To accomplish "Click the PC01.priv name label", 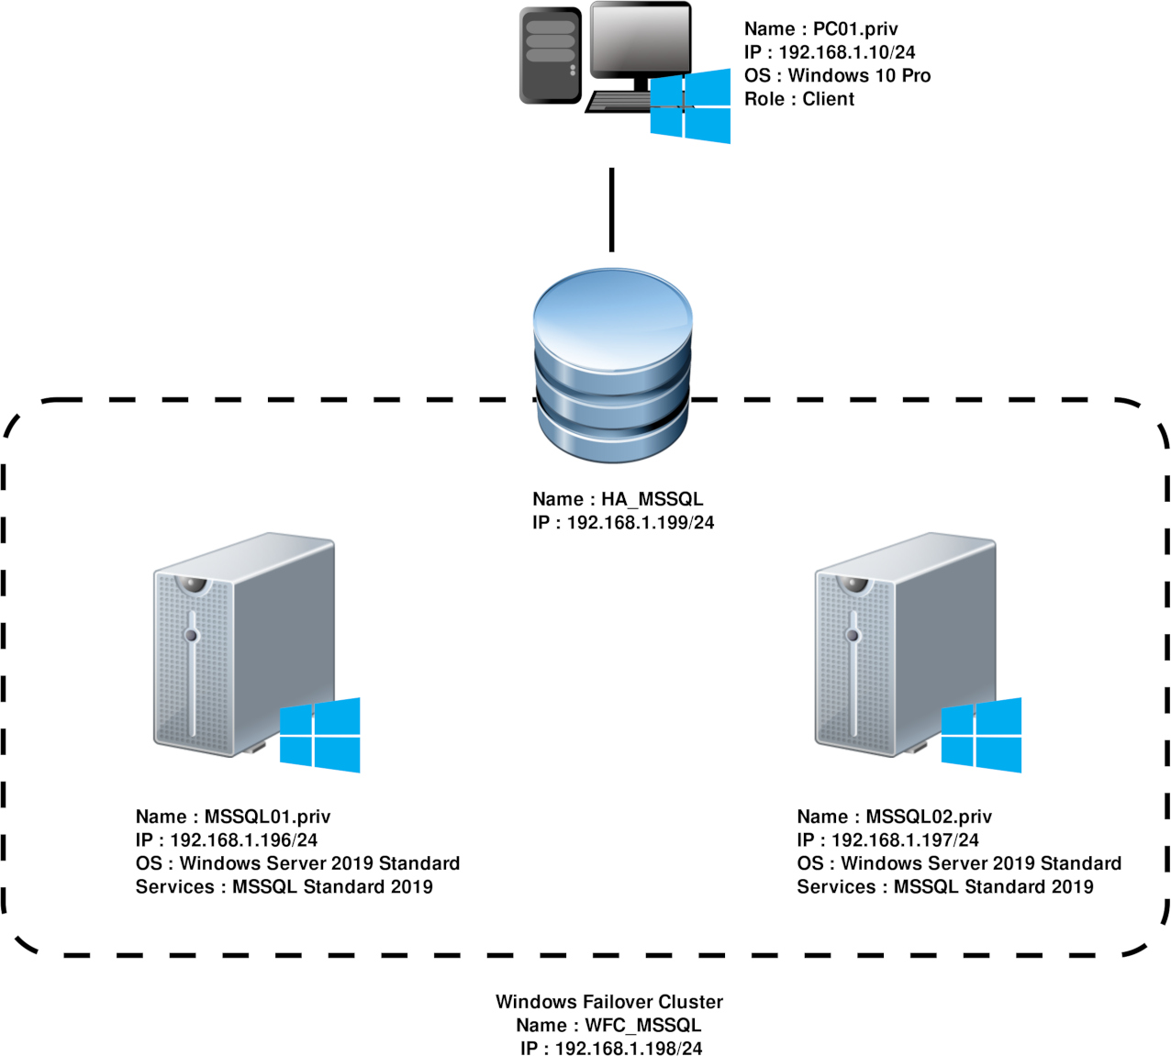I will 821,29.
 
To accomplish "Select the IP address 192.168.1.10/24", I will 830,52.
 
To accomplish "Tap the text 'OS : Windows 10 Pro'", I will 837,75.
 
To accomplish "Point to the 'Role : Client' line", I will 799,99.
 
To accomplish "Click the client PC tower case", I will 551,55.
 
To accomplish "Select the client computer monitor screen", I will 640,39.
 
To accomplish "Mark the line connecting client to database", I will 611,209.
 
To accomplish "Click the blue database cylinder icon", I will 612,367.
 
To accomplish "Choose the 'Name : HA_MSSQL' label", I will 618,500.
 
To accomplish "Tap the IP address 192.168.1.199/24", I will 623,523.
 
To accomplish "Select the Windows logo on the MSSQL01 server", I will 319,735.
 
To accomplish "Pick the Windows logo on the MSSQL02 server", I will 980,735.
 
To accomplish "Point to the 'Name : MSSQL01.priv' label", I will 233,817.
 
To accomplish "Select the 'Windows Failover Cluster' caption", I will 609,1002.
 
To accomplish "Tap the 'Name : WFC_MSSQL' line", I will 609,1025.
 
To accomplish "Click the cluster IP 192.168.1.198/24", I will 611,1048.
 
